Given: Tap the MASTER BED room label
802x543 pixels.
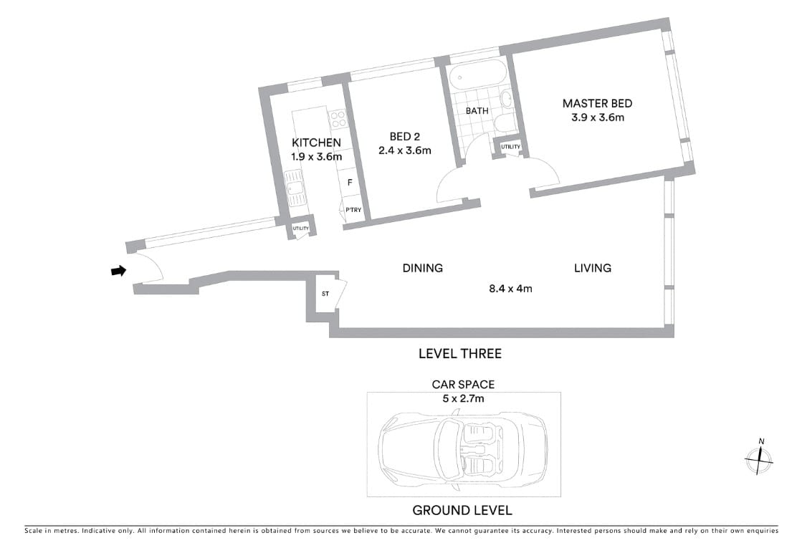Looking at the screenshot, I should pyautogui.click(x=597, y=103).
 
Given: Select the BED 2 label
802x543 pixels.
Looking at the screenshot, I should pyautogui.click(x=404, y=136).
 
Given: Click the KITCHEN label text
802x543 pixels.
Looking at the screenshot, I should pyautogui.click(x=316, y=143).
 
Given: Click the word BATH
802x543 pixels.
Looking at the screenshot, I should pyautogui.click(x=477, y=111).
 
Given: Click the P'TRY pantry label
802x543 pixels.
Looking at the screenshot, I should pyautogui.click(x=353, y=210).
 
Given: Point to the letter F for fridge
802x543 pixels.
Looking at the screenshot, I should pyautogui.click(x=350, y=183).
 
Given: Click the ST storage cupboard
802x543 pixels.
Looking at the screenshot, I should pyautogui.click(x=325, y=294).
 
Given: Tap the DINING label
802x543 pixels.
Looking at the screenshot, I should pyautogui.click(x=422, y=268).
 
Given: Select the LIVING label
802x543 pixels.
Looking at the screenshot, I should pyautogui.click(x=592, y=268).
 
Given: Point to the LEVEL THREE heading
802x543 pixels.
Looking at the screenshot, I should pyautogui.click(x=459, y=353).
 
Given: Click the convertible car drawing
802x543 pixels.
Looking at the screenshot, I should pyautogui.click(x=463, y=444).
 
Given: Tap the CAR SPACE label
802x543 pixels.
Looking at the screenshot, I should pyautogui.click(x=463, y=385).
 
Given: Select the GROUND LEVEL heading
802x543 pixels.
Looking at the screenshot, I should pyautogui.click(x=462, y=511).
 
